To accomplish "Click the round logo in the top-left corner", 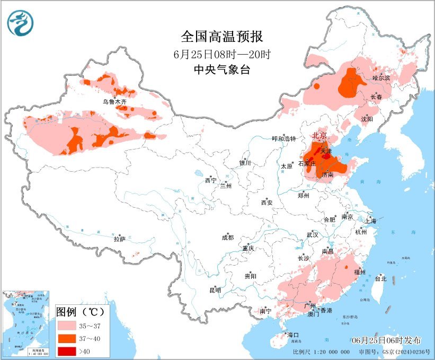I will pyautogui.click(x=20, y=23).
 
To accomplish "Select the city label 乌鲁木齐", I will pyautogui.click(x=115, y=101).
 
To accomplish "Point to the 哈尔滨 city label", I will pyautogui.click(x=381, y=77).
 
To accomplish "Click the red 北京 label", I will pyautogui.click(x=319, y=136).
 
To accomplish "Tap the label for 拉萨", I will pyautogui.click(x=119, y=240).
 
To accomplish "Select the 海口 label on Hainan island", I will pyautogui.click(x=293, y=335).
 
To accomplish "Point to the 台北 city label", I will pyautogui.click(x=380, y=278).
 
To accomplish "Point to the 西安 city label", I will pyautogui.click(x=267, y=203).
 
